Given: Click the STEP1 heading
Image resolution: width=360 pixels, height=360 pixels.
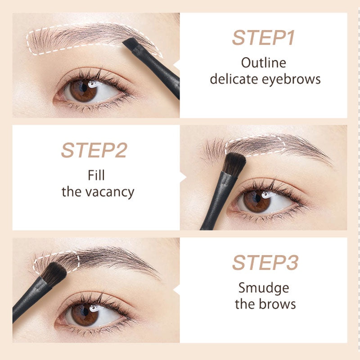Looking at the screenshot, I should coord(263,38).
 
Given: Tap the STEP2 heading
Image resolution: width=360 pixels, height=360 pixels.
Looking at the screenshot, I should coord(94,151).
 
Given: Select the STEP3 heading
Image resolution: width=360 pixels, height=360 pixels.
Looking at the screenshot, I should coord(265,263).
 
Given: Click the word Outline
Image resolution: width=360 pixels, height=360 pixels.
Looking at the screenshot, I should coord(263,63).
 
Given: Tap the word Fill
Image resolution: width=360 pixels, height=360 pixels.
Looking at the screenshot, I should coord(97,175).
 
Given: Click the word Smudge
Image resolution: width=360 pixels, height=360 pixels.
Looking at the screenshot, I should coord(264,287).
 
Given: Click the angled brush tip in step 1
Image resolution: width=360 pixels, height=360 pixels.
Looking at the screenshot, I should coord(130,44).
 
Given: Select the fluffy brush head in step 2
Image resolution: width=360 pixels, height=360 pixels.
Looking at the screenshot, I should coord(234,164).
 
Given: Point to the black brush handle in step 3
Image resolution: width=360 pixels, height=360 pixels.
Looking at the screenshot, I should coord(27,301).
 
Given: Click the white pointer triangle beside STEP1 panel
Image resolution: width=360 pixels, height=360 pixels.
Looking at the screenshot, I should coord(177,65).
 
